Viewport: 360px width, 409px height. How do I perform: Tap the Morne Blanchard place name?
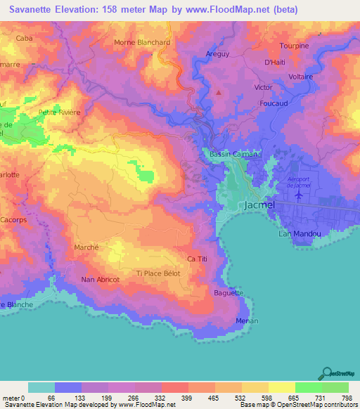coord(143,42)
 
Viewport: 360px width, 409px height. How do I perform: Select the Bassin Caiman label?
coord(231,153)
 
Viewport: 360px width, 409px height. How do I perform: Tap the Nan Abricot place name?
coord(101,280)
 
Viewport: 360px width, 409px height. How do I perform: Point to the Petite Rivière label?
coord(60,112)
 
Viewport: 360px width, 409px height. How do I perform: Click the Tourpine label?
coord(294,46)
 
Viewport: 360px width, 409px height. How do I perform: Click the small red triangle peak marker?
coord(219,92)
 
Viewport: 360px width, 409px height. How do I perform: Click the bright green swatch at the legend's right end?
coord(335,387)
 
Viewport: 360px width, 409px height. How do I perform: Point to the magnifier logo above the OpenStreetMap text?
coord(326,372)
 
